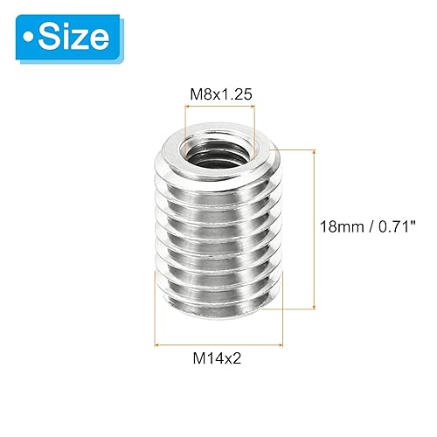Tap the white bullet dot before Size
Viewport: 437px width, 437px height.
pos(32,36)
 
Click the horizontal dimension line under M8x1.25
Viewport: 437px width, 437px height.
pos(219,107)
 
